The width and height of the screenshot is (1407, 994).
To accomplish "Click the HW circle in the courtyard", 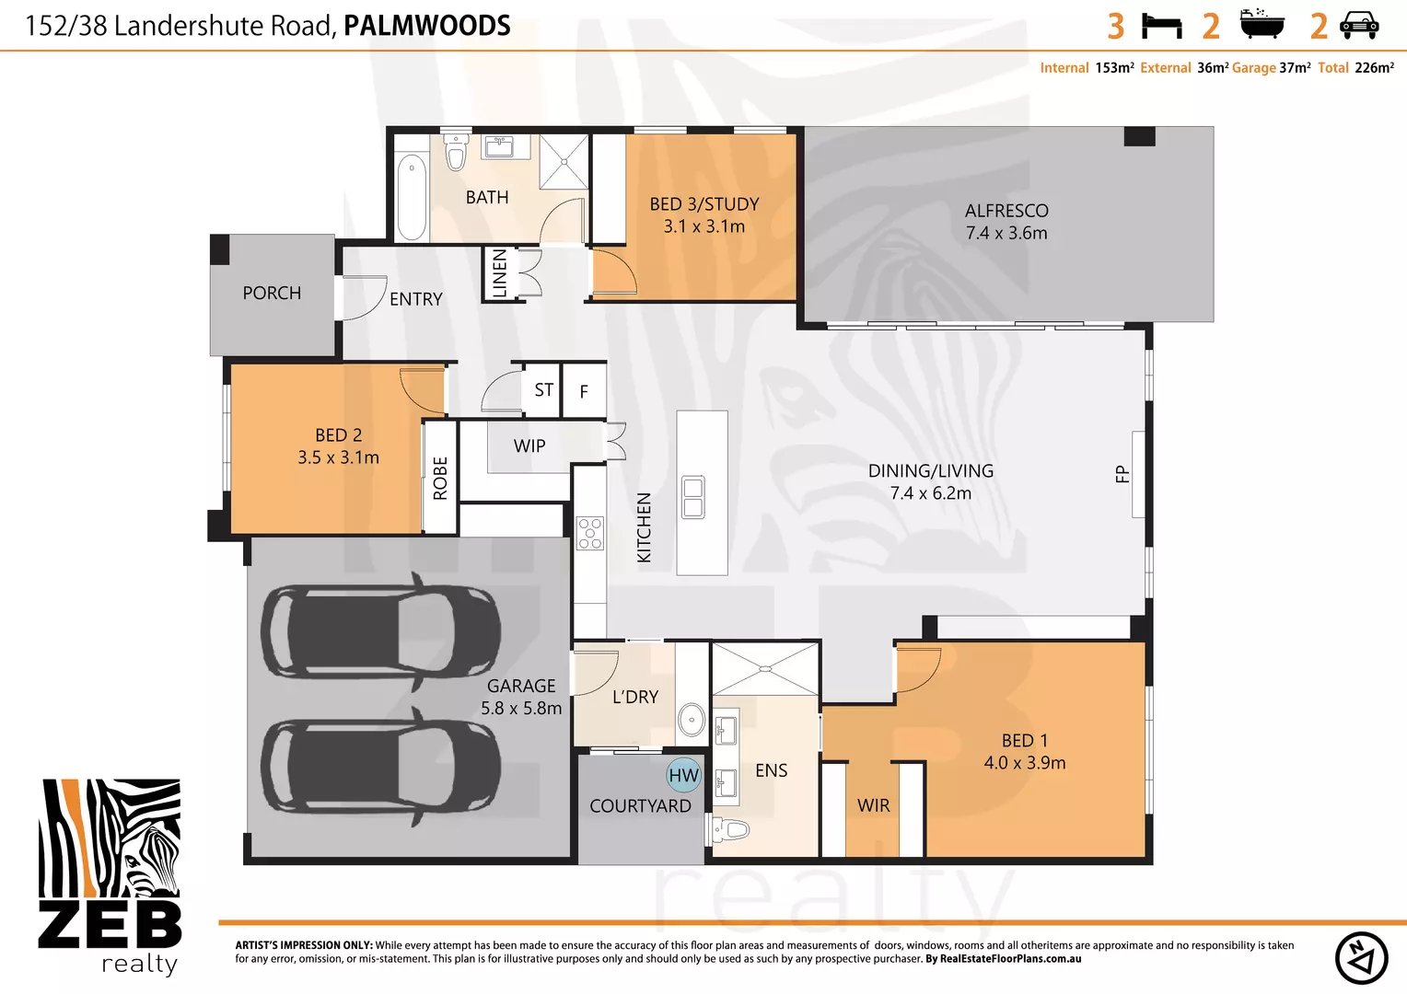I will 683,775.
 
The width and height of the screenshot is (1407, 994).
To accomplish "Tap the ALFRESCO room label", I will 1006,211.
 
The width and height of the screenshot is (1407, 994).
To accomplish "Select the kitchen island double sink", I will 692,497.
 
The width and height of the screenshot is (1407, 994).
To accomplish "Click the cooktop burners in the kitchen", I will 589,534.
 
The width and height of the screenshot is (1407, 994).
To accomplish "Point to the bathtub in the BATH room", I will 412,196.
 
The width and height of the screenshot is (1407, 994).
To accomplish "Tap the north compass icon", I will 1361,957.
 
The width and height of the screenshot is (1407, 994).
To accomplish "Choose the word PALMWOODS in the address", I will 426,26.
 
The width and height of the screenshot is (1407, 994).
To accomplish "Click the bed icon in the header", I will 1161,26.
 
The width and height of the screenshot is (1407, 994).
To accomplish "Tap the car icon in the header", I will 1359,26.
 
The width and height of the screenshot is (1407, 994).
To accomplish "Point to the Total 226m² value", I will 1373,68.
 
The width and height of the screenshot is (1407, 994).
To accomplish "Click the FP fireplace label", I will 1122,474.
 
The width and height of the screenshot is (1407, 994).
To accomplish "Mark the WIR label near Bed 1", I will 873,805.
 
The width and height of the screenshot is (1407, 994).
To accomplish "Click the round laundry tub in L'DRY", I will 691,719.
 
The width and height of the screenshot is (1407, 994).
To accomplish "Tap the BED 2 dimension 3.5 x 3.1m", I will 338,457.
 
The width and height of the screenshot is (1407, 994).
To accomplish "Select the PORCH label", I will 272,293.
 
